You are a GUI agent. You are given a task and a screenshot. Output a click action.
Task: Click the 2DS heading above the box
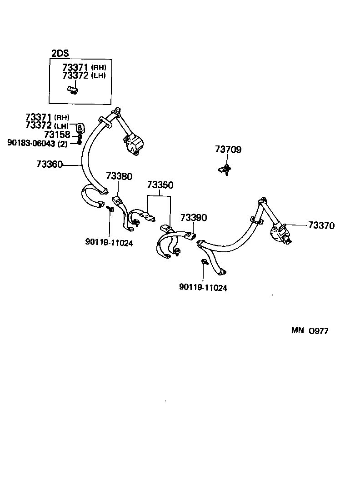(60, 54)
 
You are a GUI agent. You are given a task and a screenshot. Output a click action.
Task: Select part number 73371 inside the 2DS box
(75, 68)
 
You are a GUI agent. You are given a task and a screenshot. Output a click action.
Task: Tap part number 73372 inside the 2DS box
(75, 75)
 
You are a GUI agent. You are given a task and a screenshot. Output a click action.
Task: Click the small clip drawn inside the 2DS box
(72, 90)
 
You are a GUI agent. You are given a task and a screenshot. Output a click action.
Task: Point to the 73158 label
(57, 135)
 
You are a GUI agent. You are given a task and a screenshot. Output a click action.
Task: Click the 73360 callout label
(49, 164)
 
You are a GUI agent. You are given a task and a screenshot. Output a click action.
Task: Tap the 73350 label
(160, 185)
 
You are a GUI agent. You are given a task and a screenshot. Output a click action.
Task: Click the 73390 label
(193, 218)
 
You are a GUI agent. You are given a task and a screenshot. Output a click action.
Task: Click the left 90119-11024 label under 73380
(109, 243)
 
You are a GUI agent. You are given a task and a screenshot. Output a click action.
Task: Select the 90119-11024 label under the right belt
(203, 287)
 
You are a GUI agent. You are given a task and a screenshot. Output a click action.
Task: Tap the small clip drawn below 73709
(224, 170)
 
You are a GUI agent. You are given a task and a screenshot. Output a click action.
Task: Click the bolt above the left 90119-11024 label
(110, 209)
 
